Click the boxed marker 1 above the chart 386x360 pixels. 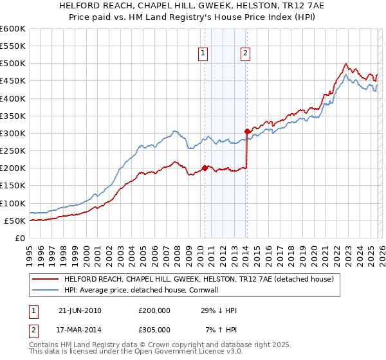(x=203, y=54)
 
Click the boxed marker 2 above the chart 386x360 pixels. (x=246, y=54)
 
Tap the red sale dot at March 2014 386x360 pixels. (x=247, y=131)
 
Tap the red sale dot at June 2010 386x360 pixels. (x=205, y=168)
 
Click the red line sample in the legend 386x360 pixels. (x=46, y=280)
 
